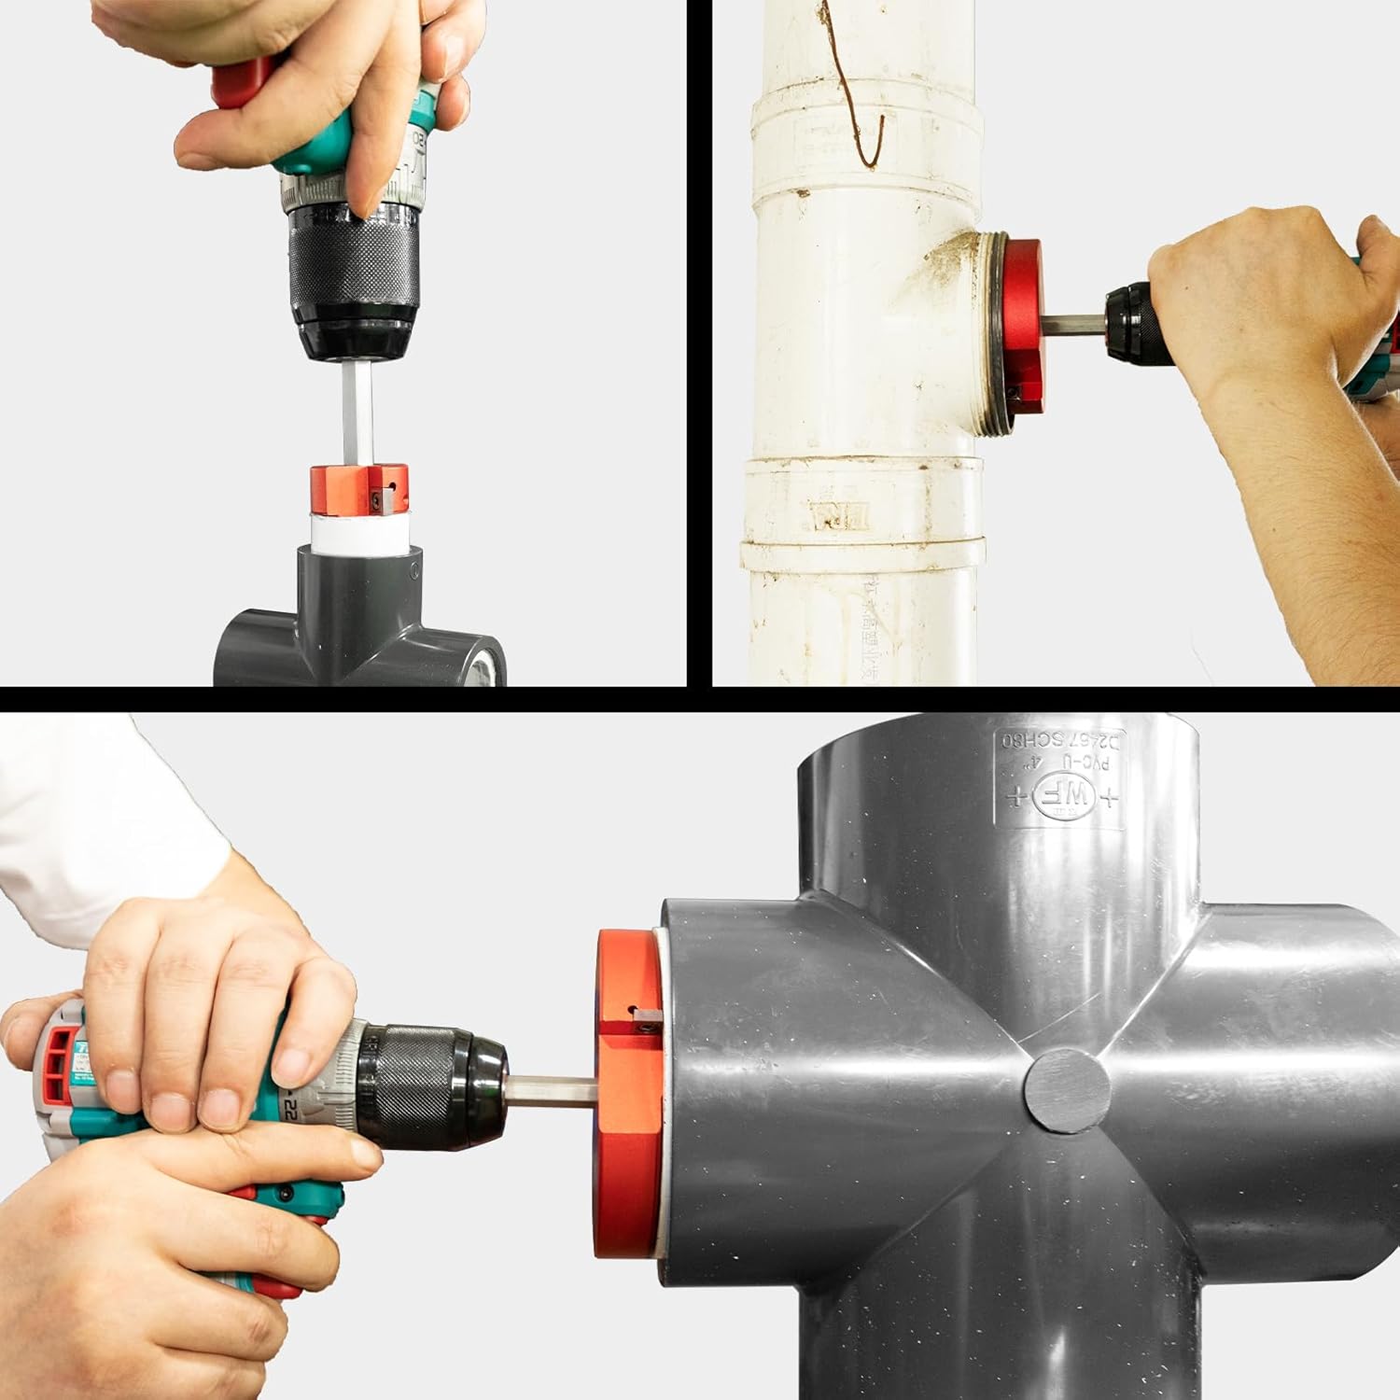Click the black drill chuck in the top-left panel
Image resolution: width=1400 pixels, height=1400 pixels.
(353, 271)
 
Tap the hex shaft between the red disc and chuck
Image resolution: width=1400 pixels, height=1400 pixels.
(1073, 325)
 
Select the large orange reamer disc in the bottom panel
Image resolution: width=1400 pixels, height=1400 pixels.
(627, 1101)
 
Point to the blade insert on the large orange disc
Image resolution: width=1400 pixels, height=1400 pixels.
(645, 1018)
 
